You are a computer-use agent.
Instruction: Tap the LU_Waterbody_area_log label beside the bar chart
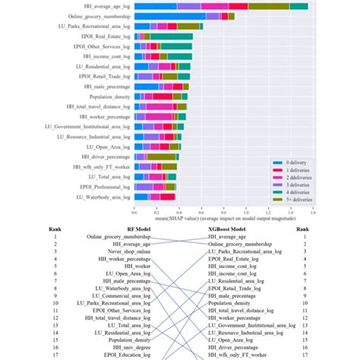[100, 197]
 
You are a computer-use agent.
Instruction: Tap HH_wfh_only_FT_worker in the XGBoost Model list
[242, 352]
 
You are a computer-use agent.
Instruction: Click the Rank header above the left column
[55, 227]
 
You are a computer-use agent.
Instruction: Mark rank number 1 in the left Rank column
[55, 236]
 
